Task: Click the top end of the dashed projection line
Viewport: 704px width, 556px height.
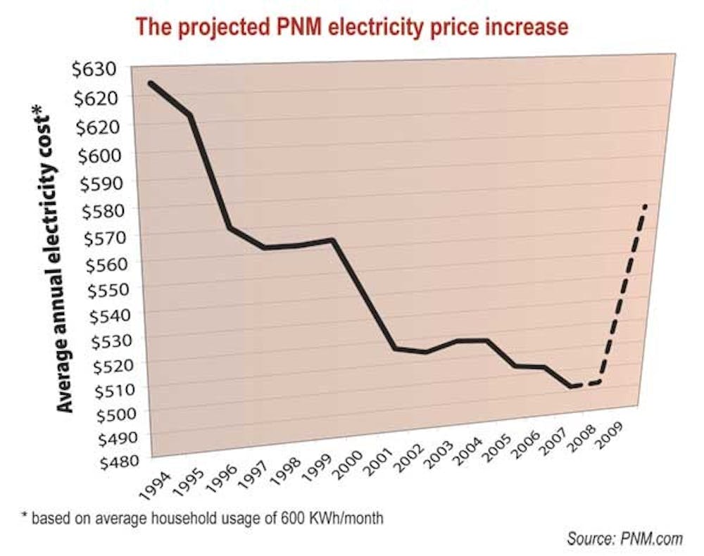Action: click(645, 206)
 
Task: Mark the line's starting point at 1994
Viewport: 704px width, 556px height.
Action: click(150, 84)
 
